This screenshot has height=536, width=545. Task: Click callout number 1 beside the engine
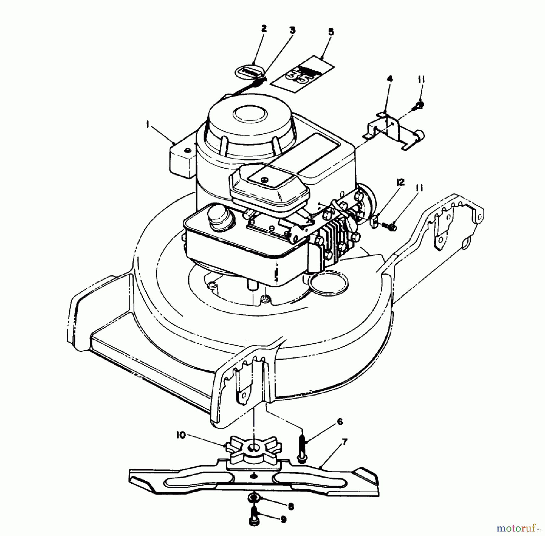[x=148, y=125]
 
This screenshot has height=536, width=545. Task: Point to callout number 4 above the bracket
[x=390, y=79]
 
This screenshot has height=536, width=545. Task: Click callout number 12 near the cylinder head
[x=400, y=182]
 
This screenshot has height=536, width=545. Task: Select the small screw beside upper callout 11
[x=419, y=105]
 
